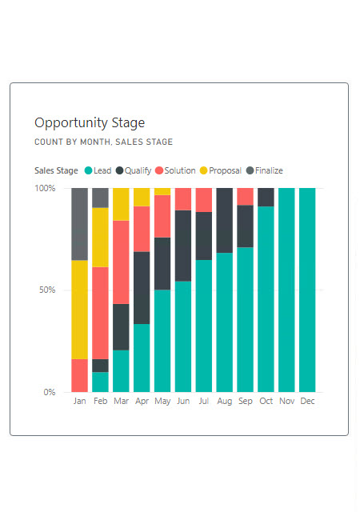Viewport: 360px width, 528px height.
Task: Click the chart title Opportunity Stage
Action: pos(90,123)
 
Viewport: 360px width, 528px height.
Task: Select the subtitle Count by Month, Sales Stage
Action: pos(103,142)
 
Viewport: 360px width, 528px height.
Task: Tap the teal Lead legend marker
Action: pos(88,170)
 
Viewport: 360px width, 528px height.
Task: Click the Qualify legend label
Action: pos(138,170)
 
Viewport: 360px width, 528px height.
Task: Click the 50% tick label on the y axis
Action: pos(47,290)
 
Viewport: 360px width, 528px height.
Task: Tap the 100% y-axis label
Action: pos(45,188)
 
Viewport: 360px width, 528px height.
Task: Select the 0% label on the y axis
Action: pos(50,392)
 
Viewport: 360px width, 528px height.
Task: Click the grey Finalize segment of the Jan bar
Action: pos(79,224)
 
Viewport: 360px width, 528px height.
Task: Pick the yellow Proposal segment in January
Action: pos(79,310)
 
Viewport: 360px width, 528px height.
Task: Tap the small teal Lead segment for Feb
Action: pos(100,382)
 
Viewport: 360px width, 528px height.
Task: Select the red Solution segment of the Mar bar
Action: pos(121,262)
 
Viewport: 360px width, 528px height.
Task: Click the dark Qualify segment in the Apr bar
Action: pos(142,288)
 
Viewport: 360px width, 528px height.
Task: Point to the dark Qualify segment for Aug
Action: pos(224,220)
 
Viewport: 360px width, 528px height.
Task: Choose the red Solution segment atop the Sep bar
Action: pos(245,197)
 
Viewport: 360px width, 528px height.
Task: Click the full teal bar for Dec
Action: pos(307,290)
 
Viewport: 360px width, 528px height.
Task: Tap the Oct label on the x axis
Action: pos(266,401)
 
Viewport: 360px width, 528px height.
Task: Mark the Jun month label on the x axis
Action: pos(183,401)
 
